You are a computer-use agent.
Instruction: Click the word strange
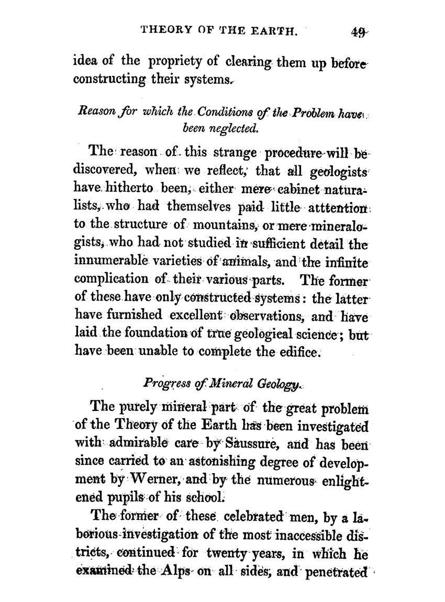coord(231,153)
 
